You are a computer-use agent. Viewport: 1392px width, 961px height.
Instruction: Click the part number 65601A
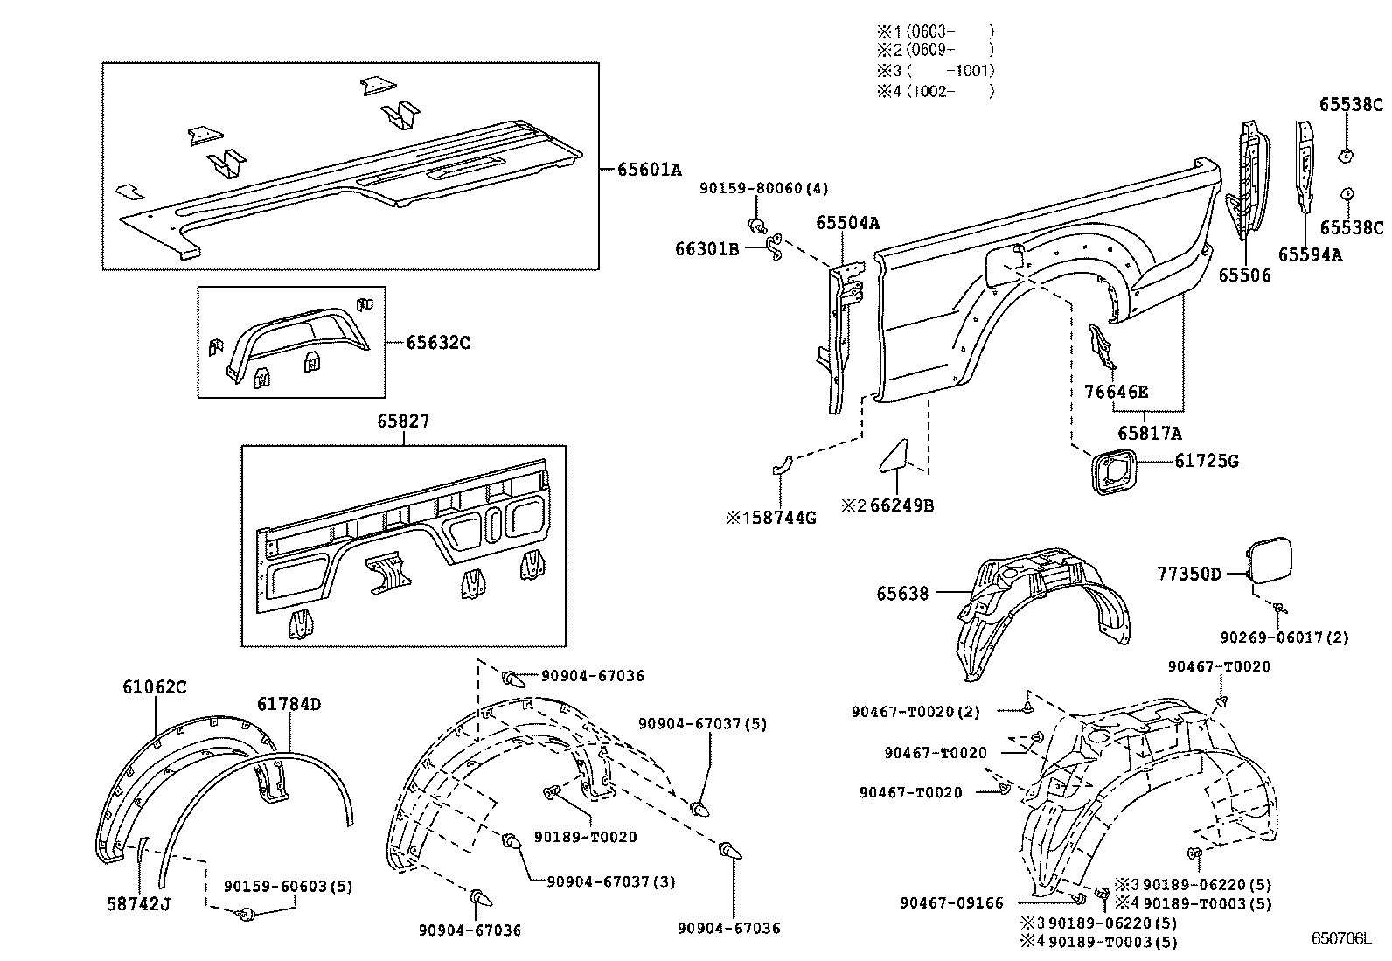coord(649,170)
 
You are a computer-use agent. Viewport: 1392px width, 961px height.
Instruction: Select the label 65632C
coord(437,342)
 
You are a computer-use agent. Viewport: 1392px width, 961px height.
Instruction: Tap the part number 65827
coord(403,421)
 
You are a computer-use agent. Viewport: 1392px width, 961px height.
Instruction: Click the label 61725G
coord(1206,461)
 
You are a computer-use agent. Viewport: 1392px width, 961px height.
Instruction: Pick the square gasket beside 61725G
coord(1114,471)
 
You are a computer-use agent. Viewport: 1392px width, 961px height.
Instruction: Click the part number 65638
coord(902,594)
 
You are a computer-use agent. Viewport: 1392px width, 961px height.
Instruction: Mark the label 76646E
coord(1117,392)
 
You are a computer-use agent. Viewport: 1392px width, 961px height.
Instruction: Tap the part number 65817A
coord(1150,433)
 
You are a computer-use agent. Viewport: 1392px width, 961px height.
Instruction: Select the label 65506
coord(1244,275)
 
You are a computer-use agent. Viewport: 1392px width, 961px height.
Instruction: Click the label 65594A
coord(1309,254)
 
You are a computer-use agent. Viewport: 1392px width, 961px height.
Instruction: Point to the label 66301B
coord(706,249)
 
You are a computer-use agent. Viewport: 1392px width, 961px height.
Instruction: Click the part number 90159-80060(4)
coord(763,188)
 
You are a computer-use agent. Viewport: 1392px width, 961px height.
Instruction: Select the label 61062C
coord(154,687)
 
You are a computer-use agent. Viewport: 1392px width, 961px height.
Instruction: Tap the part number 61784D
coord(289,704)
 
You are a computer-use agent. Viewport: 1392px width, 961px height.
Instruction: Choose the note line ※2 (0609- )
coord(935,51)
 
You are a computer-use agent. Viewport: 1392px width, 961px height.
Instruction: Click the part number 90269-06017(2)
coord(1284,637)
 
